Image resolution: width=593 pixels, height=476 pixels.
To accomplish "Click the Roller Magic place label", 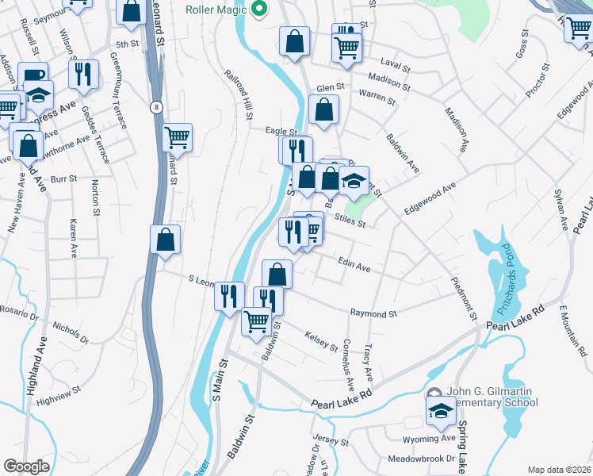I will click(216, 10).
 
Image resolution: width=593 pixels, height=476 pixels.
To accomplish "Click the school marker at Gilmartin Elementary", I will click(441, 411).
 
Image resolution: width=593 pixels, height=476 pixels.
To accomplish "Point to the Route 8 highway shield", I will click(158, 107).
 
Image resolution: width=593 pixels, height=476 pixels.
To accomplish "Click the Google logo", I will click(26, 466).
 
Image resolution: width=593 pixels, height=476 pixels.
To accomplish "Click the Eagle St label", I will click(281, 132).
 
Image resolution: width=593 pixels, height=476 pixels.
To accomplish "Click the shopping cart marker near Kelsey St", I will click(256, 321).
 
